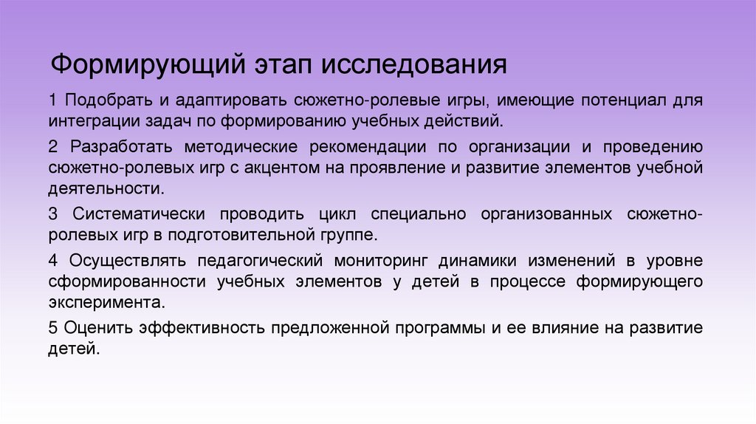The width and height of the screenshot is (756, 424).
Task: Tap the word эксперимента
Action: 99,302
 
